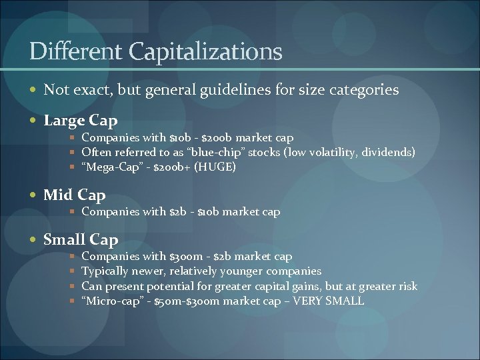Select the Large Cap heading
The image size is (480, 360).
click(81, 121)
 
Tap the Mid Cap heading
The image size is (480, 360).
click(75, 195)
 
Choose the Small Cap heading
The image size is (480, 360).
click(81, 239)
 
